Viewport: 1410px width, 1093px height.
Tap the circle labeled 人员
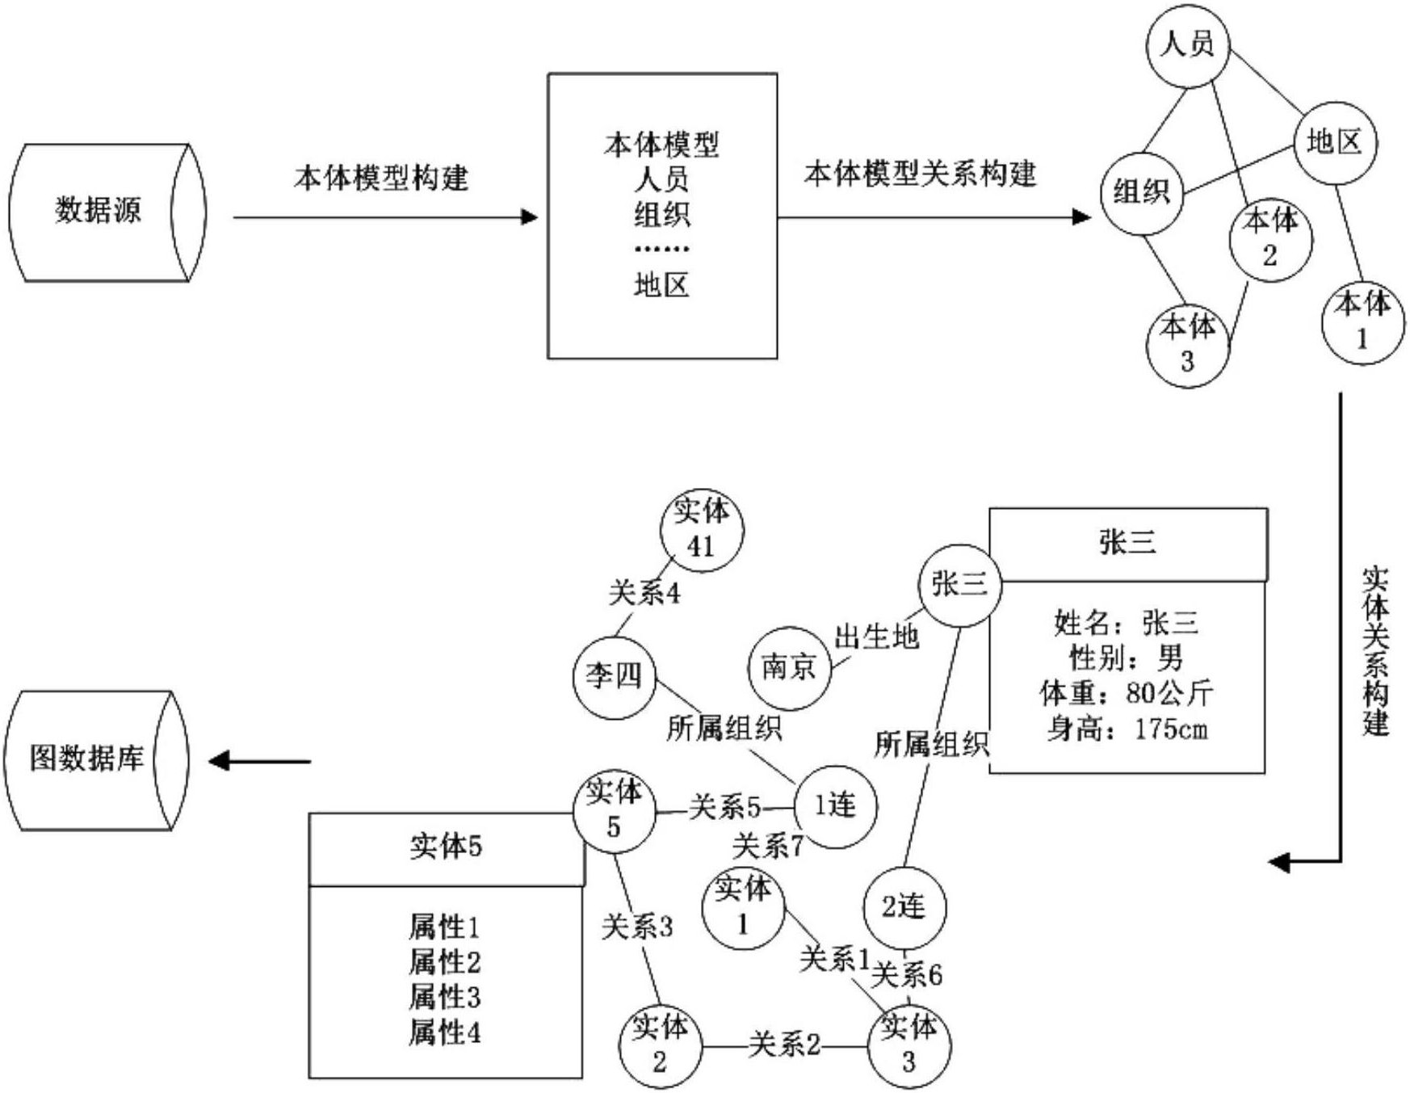(1187, 44)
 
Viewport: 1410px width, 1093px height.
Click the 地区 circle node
(1335, 143)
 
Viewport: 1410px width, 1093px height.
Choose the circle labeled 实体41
(701, 530)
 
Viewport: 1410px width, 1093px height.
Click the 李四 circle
(614, 676)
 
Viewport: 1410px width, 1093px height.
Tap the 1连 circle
(835, 805)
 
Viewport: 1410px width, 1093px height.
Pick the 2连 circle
(904, 908)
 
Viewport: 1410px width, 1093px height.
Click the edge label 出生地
(876, 637)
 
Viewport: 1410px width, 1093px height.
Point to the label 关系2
(783, 1045)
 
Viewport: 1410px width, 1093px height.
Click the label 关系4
(644, 594)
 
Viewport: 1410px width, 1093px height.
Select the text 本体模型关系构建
(920, 174)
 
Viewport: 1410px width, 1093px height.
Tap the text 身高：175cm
(1127, 729)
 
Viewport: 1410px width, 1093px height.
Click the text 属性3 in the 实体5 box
(444, 997)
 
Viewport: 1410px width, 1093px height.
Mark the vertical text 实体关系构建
(1375, 650)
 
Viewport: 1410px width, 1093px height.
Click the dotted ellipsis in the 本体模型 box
(661, 249)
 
